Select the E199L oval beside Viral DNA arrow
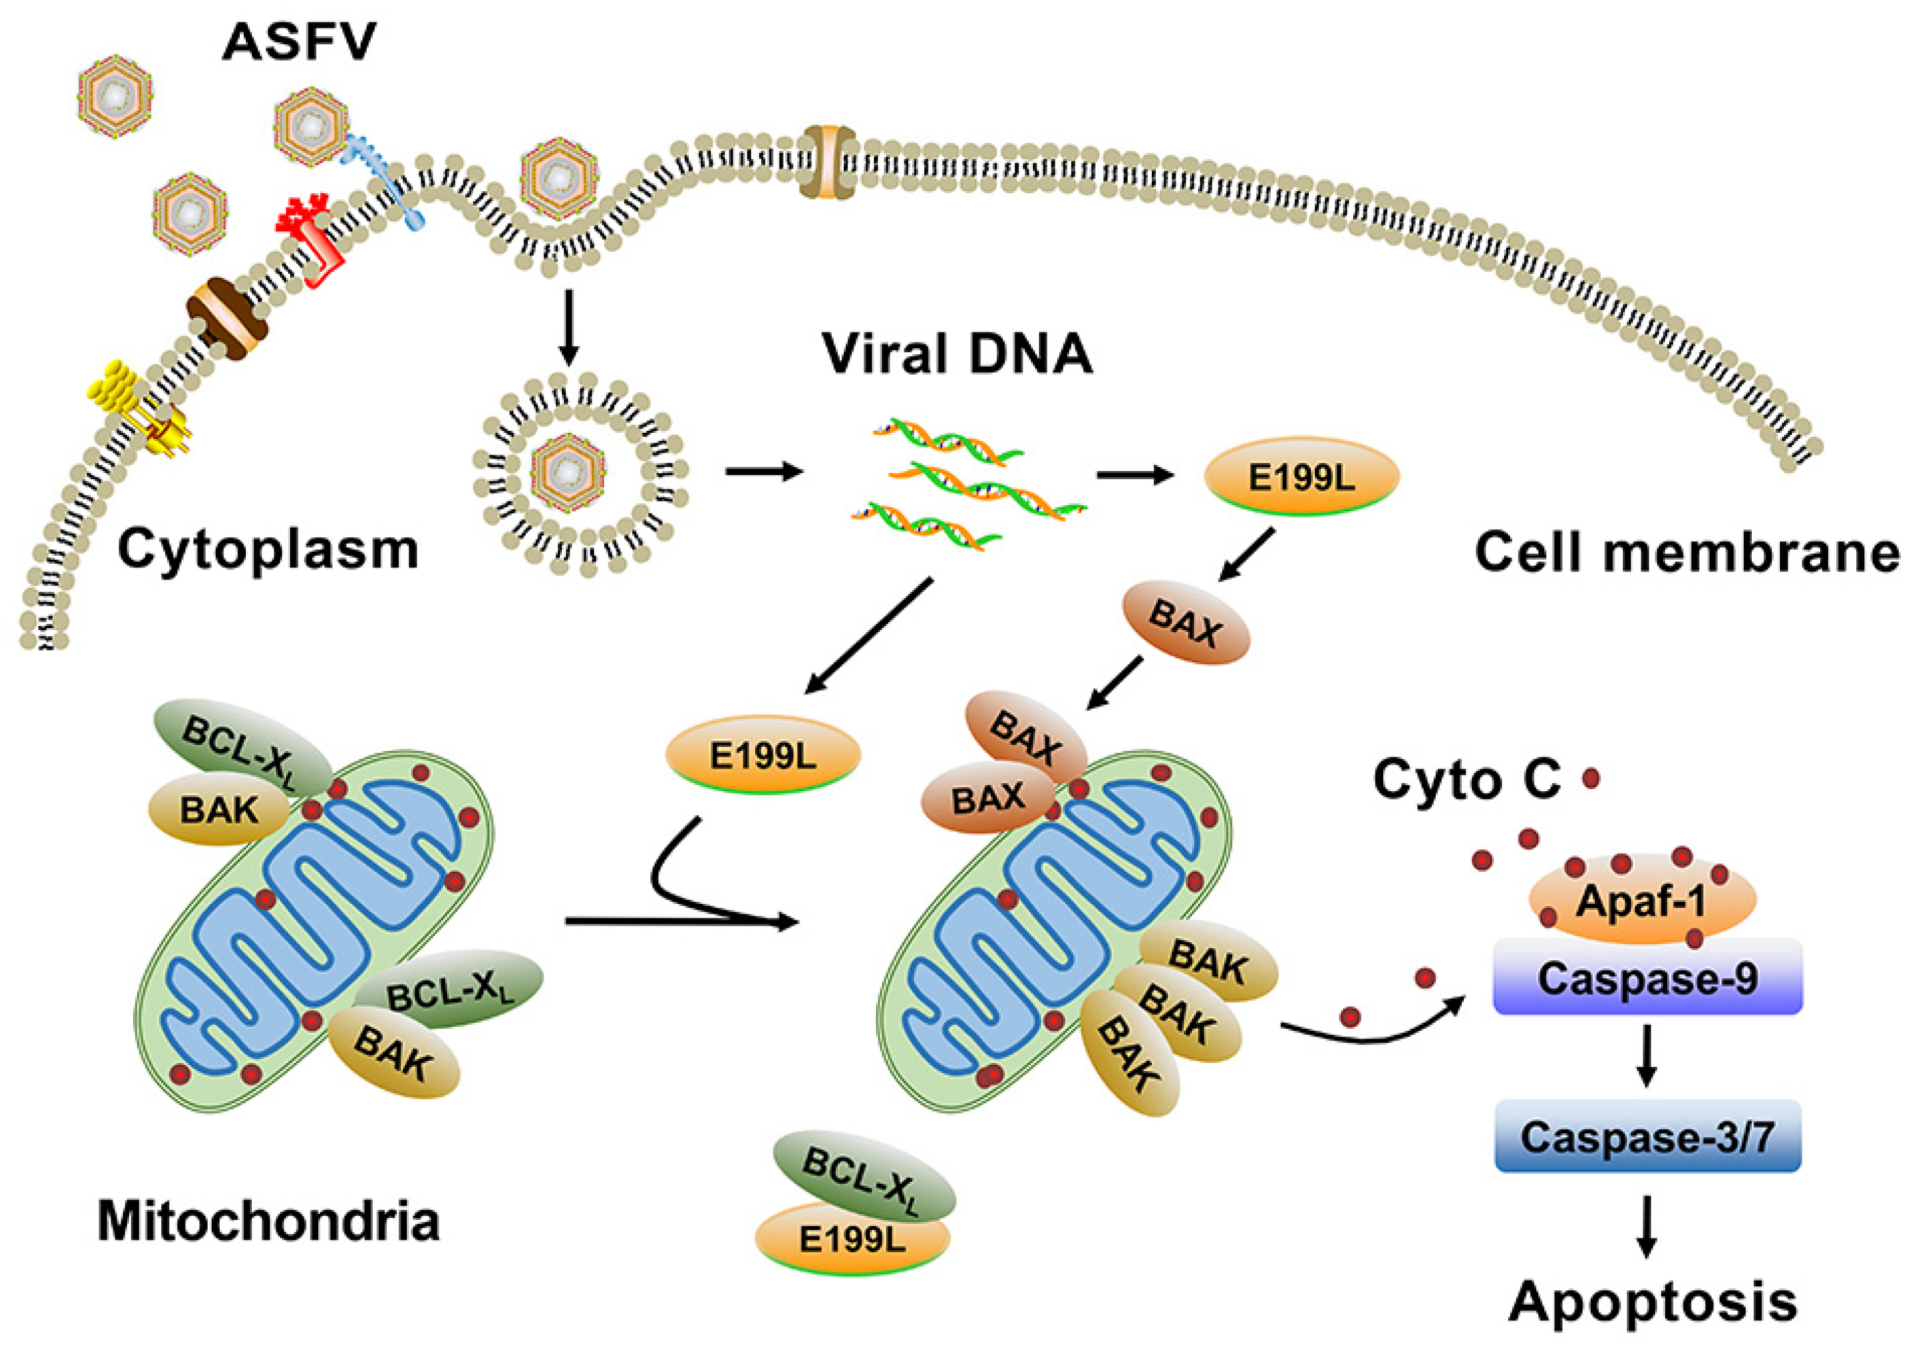1301,477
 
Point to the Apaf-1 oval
1641,900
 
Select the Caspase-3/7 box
1647,1137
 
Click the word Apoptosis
1653,1301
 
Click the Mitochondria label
268,1221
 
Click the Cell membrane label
1687,552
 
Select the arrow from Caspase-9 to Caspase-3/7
1645,1057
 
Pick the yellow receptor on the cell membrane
137,404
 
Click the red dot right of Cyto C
1591,779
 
